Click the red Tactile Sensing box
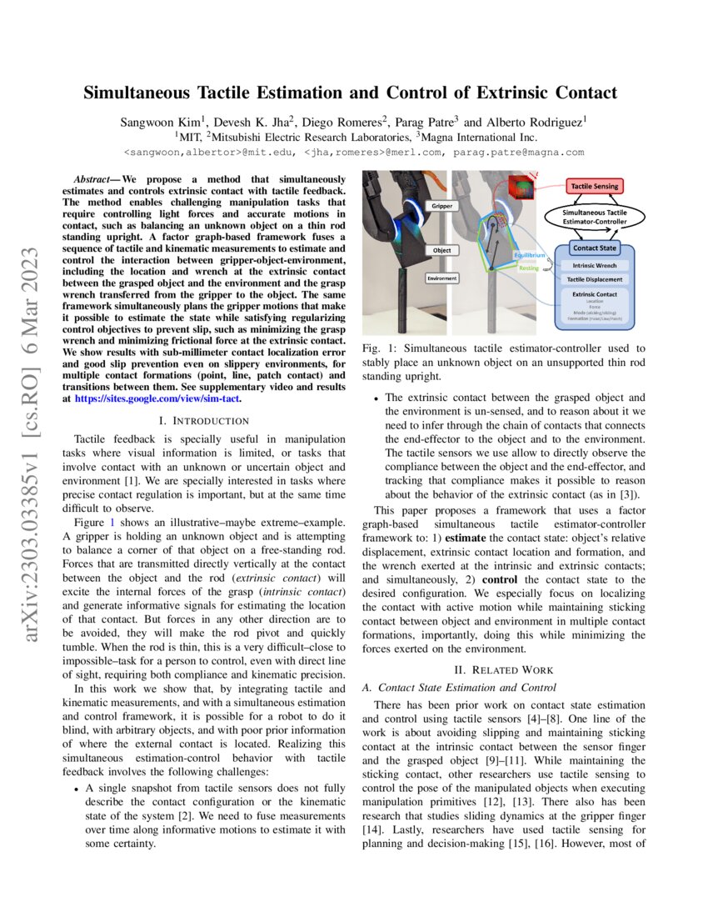tap(595, 186)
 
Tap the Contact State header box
tap(593, 248)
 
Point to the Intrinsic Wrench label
tap(593, 264)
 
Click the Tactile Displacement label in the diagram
tap(593, 279)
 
